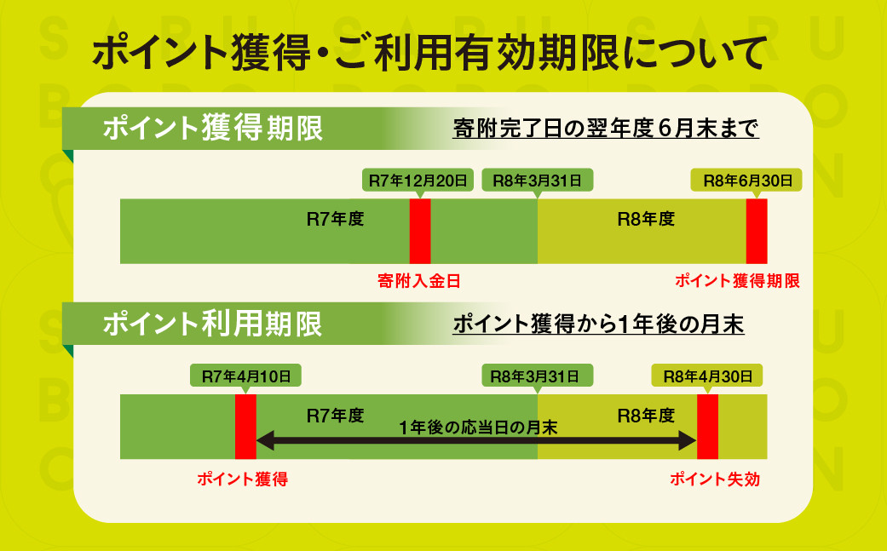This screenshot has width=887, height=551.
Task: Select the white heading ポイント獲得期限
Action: click(213, 129)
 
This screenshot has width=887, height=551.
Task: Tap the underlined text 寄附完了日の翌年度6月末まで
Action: click(605, 129)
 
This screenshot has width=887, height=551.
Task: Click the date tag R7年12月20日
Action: click(418, 181)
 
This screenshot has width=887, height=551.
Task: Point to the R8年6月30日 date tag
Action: click(746, 181)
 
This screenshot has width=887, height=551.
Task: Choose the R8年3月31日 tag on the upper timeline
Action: click(538, 181)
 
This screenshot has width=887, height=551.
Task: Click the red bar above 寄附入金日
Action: click(420, 231)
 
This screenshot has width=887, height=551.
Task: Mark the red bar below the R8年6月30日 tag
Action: click(757, 231)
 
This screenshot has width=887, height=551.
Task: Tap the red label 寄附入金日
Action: click(418, 281)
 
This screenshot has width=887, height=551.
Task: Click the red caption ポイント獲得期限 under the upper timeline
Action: click(737, 281)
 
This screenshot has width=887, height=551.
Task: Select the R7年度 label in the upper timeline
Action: click(335, 219)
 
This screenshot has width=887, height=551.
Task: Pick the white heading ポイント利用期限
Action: click(212, 324)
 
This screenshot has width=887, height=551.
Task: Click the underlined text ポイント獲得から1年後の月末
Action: click(598, 324)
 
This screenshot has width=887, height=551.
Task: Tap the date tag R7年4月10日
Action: click(245, 376)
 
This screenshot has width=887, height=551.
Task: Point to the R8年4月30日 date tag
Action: click(707, 376)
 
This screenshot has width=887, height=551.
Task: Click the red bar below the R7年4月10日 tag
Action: click(245, 427)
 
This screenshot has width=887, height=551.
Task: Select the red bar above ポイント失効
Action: click(708, 427)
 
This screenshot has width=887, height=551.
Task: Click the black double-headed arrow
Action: click(476, 441)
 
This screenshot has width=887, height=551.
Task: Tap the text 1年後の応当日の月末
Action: click(478, 428)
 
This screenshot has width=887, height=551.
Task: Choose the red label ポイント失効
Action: click(715, 479)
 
